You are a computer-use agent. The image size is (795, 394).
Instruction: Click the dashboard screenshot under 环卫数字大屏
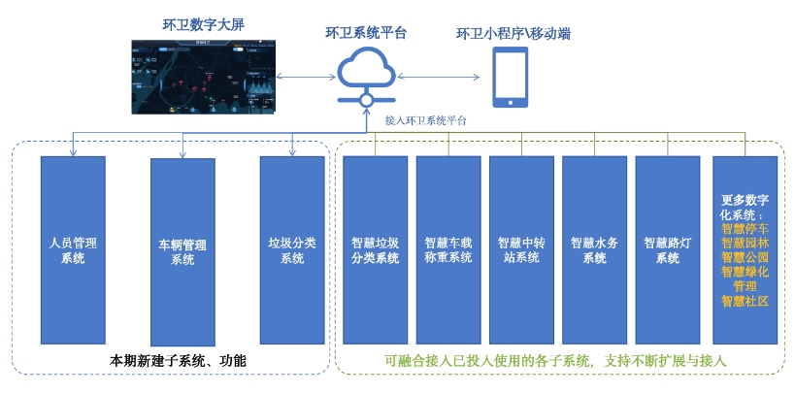point(203,78)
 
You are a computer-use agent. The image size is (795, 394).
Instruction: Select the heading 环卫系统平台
point(366,33)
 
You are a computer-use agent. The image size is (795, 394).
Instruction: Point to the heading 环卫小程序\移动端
point(513,34)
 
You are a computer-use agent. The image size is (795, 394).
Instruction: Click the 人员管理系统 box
point(73,249)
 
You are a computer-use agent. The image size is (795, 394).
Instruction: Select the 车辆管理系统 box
point(182,251)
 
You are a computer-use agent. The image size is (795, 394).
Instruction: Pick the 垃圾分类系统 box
point(292,249)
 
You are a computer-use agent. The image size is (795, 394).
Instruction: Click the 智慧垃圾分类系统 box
point(376,249)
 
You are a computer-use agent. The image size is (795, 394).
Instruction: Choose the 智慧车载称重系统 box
point(448,249)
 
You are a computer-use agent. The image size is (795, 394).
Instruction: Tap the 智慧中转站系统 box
point(521,249)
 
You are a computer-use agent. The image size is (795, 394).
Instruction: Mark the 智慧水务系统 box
point(594,249)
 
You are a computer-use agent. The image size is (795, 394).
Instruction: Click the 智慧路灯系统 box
point(668,249)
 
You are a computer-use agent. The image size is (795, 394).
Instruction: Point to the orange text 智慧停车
point(745,230)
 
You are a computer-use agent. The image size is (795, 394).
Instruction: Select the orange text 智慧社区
point(745,301)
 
